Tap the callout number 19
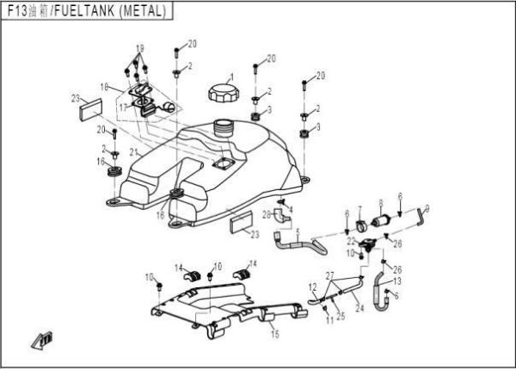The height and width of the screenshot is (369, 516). pyautogui.click(x=140, y=46)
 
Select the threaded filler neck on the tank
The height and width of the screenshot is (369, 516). pyautogui.click(x=225, y=129)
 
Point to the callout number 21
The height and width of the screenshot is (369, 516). pyautogui.click(x=132, y=152)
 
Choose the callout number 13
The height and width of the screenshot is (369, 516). pyautogui.click(x=396, y=280)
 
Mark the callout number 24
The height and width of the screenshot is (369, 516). pyautogui.click(x=359, y=306)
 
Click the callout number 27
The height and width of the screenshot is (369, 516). pyautogui.click(x=329, y=274)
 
